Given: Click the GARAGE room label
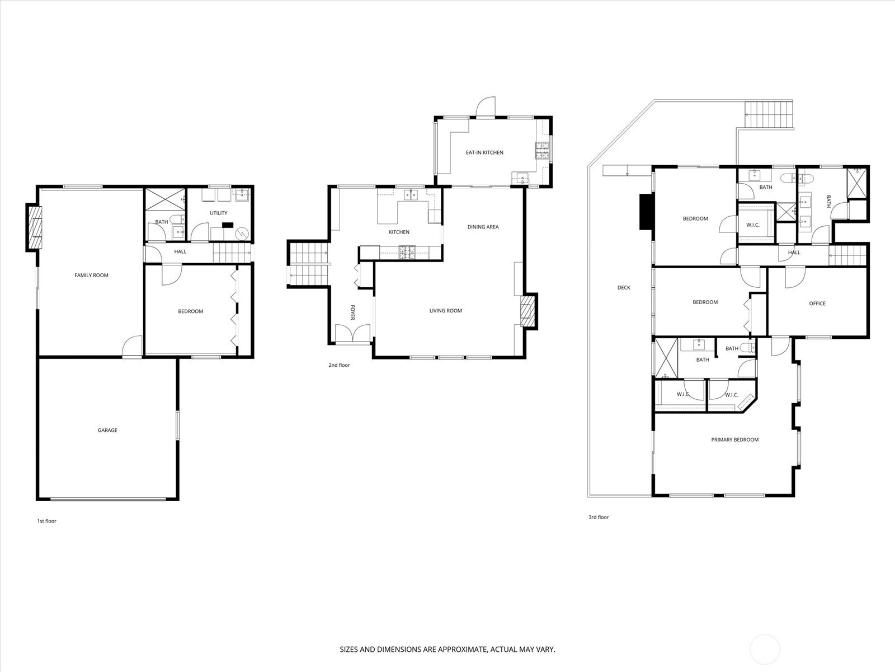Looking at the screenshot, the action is (x=107, y=430).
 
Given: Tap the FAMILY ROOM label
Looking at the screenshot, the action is (x=91, y=276).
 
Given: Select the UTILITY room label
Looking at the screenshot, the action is (x=219, y=213).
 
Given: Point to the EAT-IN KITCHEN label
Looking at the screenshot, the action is (x=484, y=152).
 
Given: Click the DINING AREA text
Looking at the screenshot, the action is (x=483, y=227).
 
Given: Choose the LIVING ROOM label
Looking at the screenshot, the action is (x=446, y=310).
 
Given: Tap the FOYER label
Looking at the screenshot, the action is (x=353, y=312).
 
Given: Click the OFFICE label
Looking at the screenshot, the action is (x=817, y=304).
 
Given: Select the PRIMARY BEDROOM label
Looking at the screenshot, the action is (x=735, y=440).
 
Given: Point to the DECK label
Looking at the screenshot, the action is (x=624, y=288).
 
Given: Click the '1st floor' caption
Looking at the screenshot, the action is (x=47, y=521).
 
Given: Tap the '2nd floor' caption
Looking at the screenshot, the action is (x=339, y=365).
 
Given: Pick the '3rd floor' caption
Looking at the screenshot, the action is (x=599, y=517).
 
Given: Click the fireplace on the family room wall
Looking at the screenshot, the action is (x=34, y=228).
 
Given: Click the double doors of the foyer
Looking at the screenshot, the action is (x=353, y=333).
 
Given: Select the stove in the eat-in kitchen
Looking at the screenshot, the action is (x=542, y=150).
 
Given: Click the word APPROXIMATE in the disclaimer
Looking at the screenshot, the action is (x=463, y=649).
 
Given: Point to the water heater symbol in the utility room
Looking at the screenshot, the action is (x=242, y=234).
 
